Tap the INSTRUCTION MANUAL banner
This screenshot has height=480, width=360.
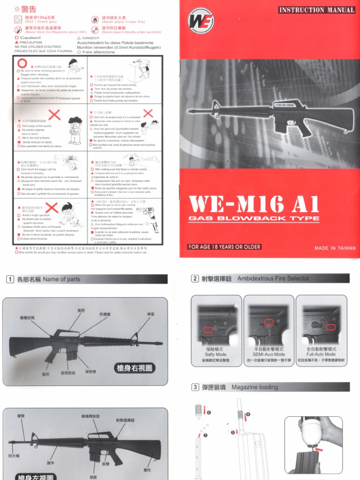click(317, 10)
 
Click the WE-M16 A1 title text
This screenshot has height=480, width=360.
click(254, 204)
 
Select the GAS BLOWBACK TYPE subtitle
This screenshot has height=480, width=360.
click(254, 218)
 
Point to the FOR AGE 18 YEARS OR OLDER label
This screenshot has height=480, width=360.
click(224, 247)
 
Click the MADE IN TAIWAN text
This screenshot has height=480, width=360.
click(335, 248)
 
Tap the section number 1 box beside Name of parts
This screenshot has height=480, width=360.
click(10, 279)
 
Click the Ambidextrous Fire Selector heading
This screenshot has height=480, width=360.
click(273, 278)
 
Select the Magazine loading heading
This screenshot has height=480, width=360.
click(255, 387)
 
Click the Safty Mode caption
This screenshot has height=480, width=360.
click(216, 354)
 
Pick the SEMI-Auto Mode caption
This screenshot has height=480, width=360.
click(269, 354)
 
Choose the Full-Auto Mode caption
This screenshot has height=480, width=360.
click(321, 354)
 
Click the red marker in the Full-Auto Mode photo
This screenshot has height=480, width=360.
click(331, 327)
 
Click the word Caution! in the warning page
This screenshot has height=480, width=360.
click(30, 37)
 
